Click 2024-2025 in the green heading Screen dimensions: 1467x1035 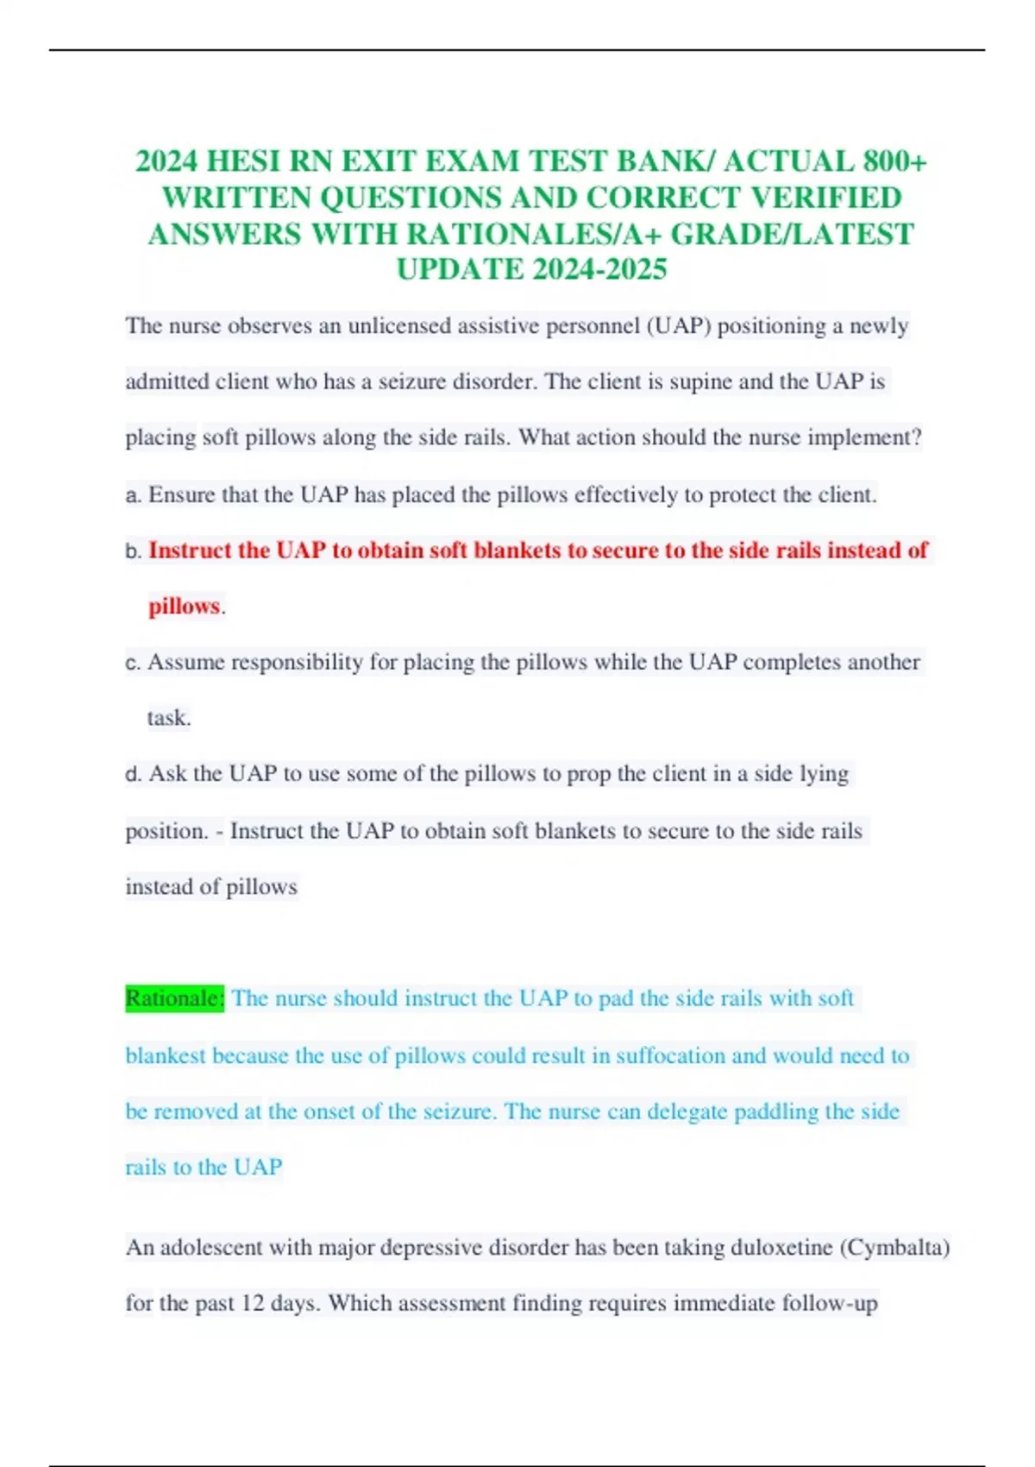599,269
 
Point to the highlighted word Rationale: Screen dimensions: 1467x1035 175,998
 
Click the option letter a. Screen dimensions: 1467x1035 132,495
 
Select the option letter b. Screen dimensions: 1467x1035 133,551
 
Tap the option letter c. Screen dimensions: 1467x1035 132,664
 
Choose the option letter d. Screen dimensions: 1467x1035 133,774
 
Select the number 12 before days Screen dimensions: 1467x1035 253,1303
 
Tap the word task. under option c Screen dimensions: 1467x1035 169,718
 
